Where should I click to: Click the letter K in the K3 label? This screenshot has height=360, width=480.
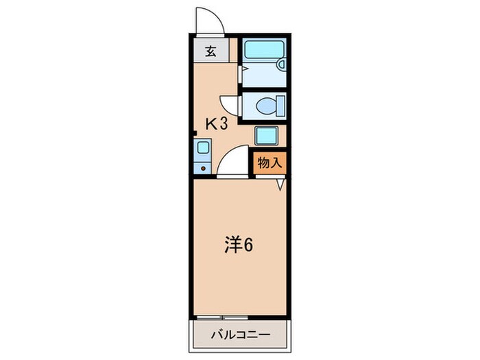click(213, 123)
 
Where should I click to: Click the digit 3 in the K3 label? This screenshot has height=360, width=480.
click(224, 123)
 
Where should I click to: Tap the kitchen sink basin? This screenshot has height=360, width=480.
click(202, 147)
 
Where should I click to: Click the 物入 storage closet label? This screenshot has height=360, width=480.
click(269, 164)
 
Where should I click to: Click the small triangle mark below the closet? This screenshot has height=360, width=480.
click(281, 184)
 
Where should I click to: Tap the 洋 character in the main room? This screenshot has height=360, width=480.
click(232, 245)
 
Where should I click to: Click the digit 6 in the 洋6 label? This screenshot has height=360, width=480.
click(247, 245)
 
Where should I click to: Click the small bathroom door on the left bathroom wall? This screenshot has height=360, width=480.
click(240, 69)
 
